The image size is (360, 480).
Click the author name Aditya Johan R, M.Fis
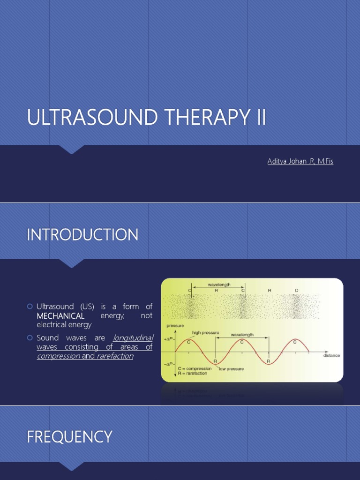tap(300, 161)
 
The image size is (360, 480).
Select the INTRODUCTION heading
tap(82, 234)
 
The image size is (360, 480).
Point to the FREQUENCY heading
tap(69, 437)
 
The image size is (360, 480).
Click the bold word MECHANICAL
tap(60, 316)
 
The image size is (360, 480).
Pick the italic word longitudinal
tap(133, 338)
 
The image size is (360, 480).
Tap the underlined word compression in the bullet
tap(58, 356)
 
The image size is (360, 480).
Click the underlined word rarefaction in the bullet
tap(115, 356)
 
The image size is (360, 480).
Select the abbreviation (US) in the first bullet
tap(86, 307)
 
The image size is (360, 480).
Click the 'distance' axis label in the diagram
tap(331, 355)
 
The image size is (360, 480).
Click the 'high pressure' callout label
tap(205, 333)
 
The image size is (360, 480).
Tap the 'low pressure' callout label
tap(231, 369)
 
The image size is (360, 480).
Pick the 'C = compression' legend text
tap(193, 368)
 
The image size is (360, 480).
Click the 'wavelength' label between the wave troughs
tap(242, 335)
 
